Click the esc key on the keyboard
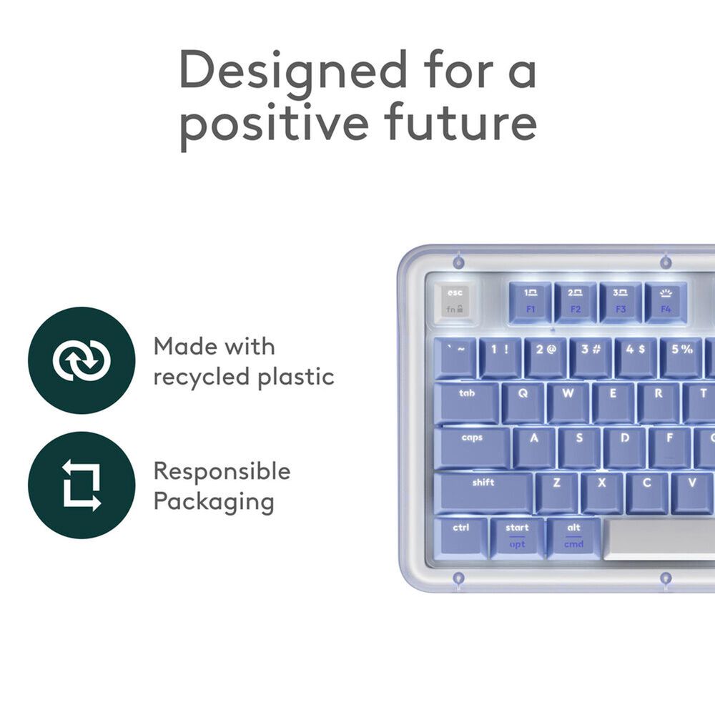[x=455, y=300]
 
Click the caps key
[x=472, y=447]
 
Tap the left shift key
[x=483, y=492]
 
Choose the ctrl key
[x=461, y=537]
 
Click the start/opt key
[x=517, y=537]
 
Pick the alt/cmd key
[x=573, y=537]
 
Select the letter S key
[x=579, y=447]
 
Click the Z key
[x=556, y=492]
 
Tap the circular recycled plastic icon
[x=82, y=360]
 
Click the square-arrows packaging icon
[x=82, y=485]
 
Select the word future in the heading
[x=461, y=123]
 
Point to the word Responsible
[x=222, y=471]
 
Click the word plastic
[x=293, y=378]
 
